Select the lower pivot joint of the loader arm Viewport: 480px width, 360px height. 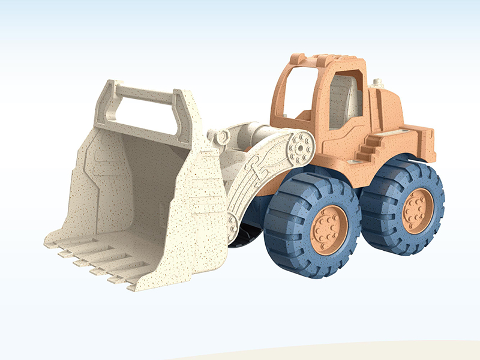[x=232, y=223]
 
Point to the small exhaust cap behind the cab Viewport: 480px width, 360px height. [x=377, y=83]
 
